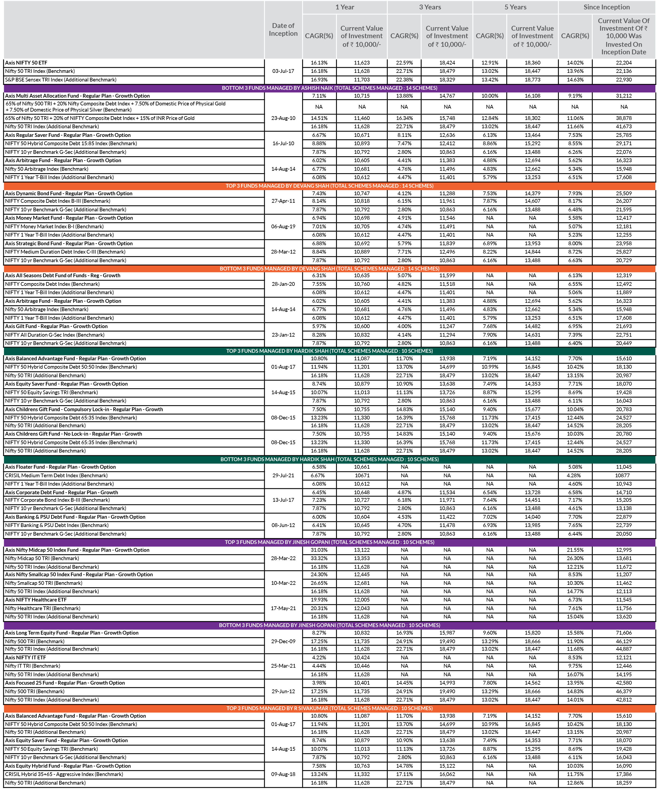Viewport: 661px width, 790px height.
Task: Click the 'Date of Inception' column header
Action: click(283, 30)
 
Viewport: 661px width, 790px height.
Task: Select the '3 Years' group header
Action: click(430, 7)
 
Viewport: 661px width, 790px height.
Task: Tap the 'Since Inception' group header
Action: click(606, 7)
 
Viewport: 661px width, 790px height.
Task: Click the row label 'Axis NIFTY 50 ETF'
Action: click(26, 63)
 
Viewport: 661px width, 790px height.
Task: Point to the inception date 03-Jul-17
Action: click(283, 71)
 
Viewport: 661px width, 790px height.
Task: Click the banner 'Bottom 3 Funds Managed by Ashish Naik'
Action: click(329, 88)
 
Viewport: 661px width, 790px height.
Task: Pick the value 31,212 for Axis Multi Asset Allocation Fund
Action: click(624, 96)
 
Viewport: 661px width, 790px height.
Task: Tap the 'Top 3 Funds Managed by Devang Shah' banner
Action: click(329, 186)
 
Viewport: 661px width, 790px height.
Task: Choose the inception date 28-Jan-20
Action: click(283, 284)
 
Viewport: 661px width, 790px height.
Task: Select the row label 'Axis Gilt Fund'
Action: click(56, 326)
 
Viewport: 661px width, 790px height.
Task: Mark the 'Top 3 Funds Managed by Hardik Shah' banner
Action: click(329, 351)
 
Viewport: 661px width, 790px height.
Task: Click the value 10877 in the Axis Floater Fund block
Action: click(624, 475)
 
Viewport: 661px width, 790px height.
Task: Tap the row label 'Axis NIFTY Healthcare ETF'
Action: click(36, 600)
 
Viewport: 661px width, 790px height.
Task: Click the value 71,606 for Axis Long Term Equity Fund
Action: click(624, 633)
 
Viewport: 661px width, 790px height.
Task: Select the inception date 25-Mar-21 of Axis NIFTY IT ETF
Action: click(283, 666)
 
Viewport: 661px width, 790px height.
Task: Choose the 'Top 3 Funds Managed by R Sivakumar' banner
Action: click(329, 708)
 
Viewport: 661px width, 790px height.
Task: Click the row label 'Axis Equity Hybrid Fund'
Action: click(68, 766)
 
